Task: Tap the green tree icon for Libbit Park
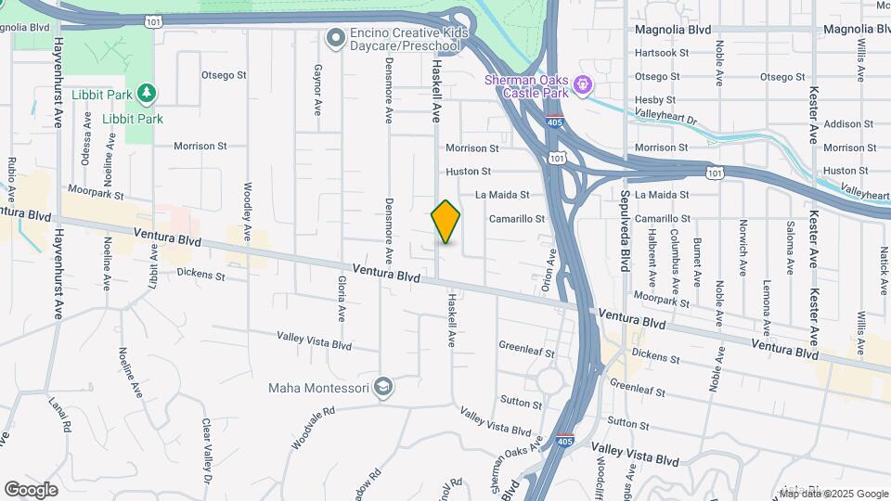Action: coord(145,94)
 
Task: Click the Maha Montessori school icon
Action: coord(383,387)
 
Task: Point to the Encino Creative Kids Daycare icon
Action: coord(335,38)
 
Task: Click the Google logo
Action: coord(31,490)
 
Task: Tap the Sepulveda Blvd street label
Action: coord(626,222)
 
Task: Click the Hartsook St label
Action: coord(662,53)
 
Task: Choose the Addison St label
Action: coord(843,124)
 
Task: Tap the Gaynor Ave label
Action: coord(317,89)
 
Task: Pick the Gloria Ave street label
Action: coord(342,298)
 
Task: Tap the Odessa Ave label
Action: coord(85,144)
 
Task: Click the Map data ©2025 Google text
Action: coord(833,493)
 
